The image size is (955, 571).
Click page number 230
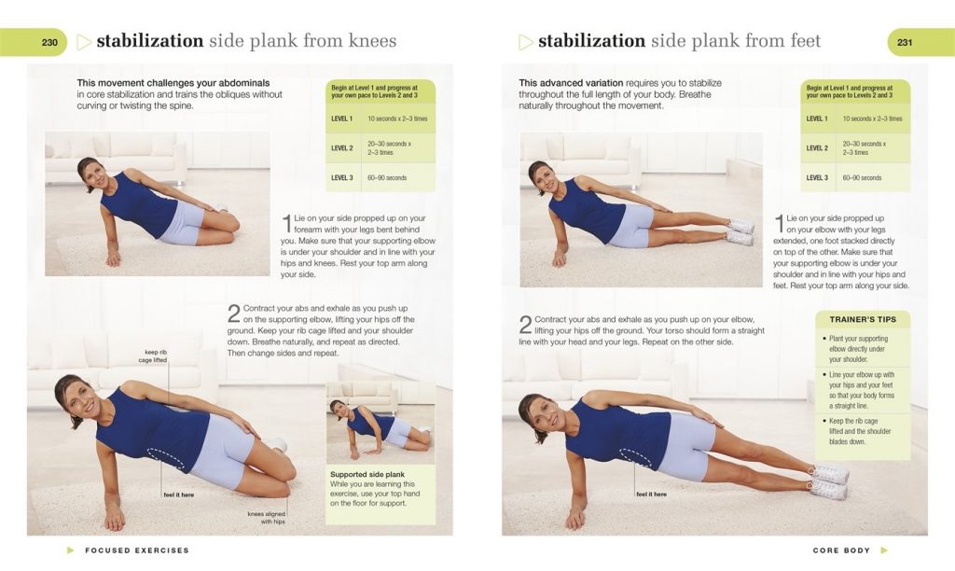pos(49,42)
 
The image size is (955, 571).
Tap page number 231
pos(905,42)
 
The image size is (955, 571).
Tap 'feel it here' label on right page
pos(651,494)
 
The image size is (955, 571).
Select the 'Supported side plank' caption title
pos(367,474)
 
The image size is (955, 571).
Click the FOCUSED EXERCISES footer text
pos(137,550)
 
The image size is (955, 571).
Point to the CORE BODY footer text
pos(841,550)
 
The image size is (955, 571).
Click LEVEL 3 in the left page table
pos(342,177)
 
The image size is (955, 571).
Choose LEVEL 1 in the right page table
pos(816,118)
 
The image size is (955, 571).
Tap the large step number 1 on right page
pos(779,223)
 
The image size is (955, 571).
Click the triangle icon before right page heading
pos(526,42)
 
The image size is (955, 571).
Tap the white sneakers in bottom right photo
pos(830,480)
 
